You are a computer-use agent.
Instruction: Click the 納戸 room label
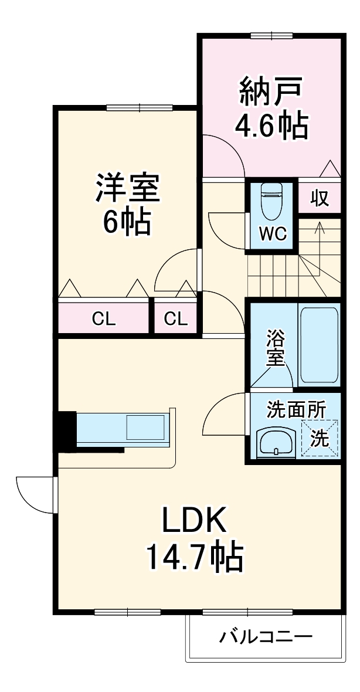pyautogui.click(x=271, y=91)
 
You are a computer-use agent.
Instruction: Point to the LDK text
pyautogui.click(x=194, y=521)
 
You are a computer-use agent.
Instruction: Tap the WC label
pyautogui.click(x=273, y=234)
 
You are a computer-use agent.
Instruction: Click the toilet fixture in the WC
pyautogui.click(x=271, y=202)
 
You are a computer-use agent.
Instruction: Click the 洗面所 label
pyautogui.click(x=296, y=410)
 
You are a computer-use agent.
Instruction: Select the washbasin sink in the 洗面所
pyautogui.click(x=276, y=442)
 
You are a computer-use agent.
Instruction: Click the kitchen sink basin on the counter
pyautogui.click(x=145, y=427)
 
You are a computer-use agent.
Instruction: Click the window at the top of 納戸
pyautogui.click(x=271, y=35)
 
